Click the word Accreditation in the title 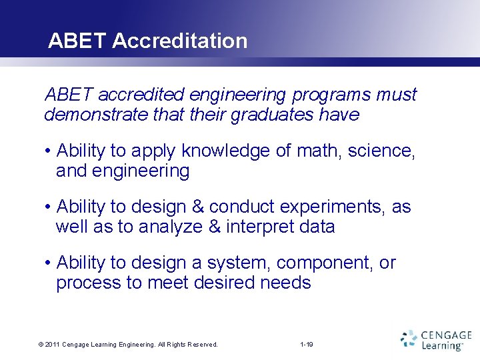[180, 41]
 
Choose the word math [321, 151]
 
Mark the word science [383, 151]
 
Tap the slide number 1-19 [307, 345]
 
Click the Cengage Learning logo [436, 339]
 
